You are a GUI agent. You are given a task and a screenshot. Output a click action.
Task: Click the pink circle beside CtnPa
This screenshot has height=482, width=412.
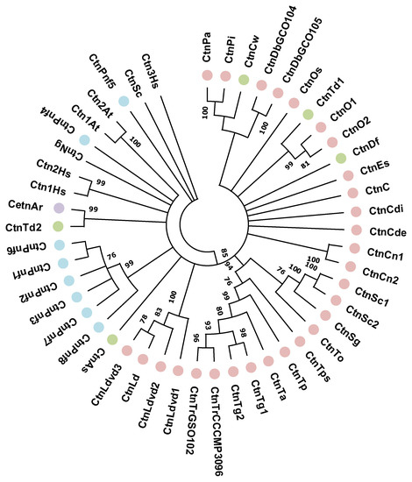[x=209, y=77]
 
